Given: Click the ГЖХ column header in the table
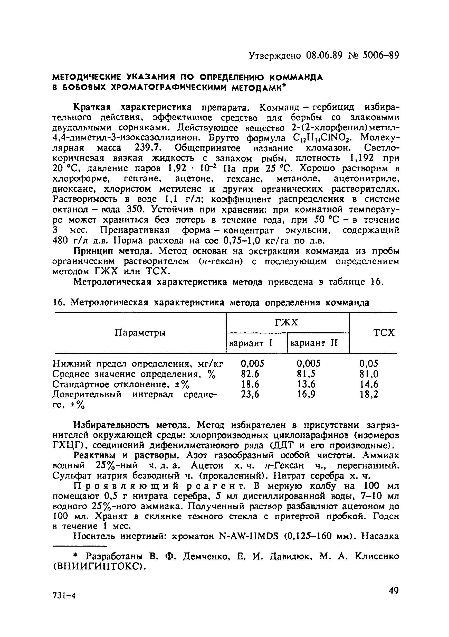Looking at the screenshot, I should coord(287,322).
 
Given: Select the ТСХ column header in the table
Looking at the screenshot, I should coord(384,332).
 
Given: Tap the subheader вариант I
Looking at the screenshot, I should coord(251,343).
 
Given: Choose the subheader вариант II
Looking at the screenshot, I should coord(314,343).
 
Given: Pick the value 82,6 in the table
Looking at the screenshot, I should coord(250,374).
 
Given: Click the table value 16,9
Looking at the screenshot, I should coord(306,394).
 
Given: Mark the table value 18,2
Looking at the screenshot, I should coord(369,394).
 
